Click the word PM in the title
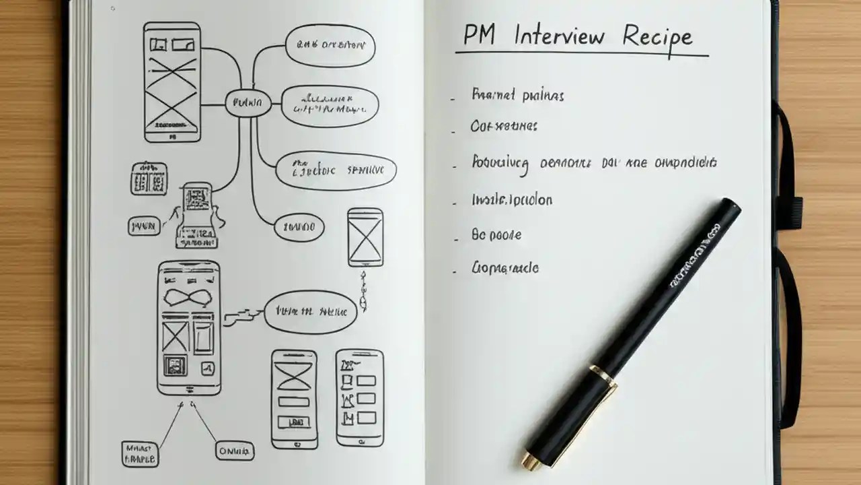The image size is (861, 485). pos(479,36)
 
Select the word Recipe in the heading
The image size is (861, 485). pos(657,36)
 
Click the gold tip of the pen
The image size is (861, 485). pos(529,461)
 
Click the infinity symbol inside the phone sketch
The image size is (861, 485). pos(188,298)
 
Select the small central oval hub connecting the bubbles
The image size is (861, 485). pos(248,103)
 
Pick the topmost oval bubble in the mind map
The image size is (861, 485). pos(330,46)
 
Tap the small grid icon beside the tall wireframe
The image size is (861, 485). pos(148,179)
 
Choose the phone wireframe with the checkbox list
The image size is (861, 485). pos(360,397)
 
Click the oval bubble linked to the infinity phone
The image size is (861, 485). pos(310,312)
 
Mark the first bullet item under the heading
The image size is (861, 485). pos(518,95)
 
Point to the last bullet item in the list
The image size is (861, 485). pos(505,268)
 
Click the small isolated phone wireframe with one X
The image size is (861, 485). pos(365,237)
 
